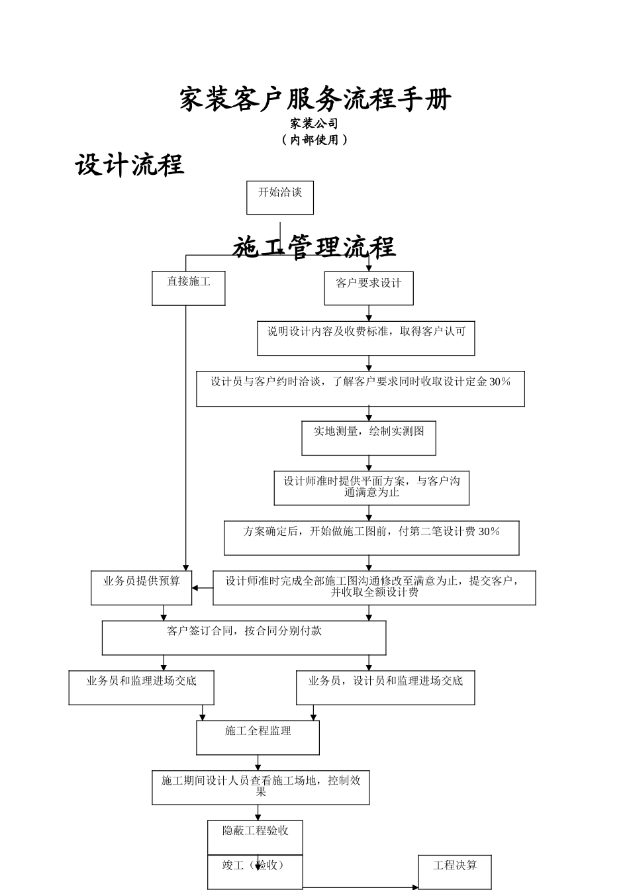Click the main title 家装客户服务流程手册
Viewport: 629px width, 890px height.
315,100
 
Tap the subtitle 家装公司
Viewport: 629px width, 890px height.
314,124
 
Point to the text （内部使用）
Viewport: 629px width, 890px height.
314,140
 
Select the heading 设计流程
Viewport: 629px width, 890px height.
130,165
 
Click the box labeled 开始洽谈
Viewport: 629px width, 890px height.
280,197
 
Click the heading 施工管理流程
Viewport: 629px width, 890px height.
314,248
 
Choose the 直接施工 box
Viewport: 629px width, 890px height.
189,288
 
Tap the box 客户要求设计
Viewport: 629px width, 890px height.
369,288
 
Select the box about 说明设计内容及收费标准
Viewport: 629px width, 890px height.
366,338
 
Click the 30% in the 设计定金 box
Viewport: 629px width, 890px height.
500,382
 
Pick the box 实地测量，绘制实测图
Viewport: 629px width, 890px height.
369,438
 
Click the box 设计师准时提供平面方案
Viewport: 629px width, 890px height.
371,488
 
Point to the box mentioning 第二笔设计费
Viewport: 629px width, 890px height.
371,538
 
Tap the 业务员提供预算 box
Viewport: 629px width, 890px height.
141,588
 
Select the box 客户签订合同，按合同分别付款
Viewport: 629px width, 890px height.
244,638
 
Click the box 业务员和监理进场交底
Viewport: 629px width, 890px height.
141,688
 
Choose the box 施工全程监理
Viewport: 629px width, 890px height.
258,738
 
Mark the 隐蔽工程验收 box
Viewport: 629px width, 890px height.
255,836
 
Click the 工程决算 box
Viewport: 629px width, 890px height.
455,871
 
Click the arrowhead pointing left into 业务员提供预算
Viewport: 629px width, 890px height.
196,588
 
